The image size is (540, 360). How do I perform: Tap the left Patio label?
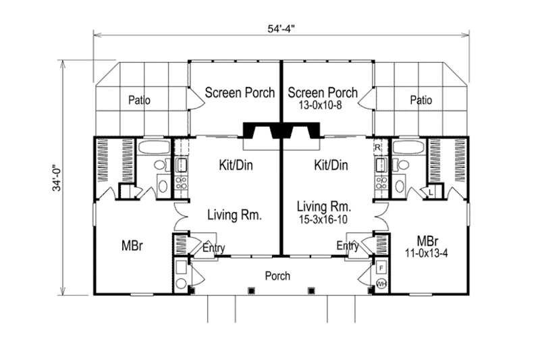coord(138,101)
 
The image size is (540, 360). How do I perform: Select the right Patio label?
coord(421,101)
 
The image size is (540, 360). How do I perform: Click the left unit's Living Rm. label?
coord(234,215)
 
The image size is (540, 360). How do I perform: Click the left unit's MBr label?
coord(131,245)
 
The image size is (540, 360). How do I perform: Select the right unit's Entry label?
coord(348,247)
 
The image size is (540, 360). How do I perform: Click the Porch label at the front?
coord(277,276)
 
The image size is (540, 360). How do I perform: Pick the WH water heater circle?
coord(381,284)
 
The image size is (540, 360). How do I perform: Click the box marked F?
coord(381,267)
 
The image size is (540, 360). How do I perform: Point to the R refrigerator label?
coord(378,147)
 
